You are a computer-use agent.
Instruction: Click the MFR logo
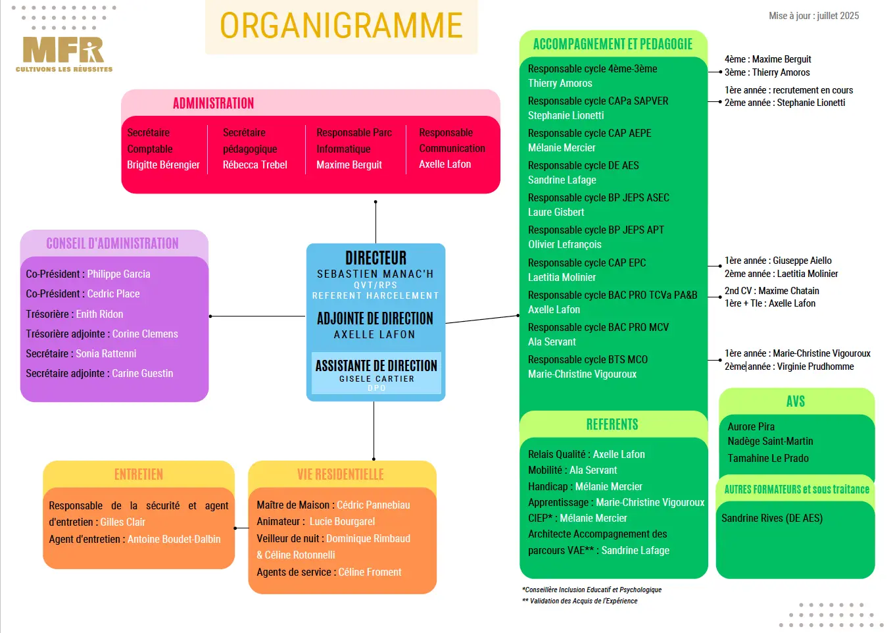[x=64, y=52]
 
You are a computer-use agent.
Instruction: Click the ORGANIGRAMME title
[x=341, y=26]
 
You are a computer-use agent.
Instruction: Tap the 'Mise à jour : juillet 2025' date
[x=813, y=16]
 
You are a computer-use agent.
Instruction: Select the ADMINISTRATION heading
[x=213, y=103]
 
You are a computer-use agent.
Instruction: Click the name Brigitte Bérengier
[x=163, y=165]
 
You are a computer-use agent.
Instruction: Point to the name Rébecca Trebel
[x=254, y=165]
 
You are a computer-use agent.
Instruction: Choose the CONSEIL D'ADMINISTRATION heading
[x=112, y=243]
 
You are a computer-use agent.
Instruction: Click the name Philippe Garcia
[x=118, y=274]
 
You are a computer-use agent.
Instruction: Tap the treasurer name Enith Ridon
[x=99, y=314]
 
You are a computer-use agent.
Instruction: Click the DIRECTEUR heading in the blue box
[x=375, y=257]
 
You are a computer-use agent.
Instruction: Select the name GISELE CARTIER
[x=377, y=379]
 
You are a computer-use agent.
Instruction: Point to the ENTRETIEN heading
[x=139, y=474]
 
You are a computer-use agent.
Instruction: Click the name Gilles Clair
[x=122, y=522]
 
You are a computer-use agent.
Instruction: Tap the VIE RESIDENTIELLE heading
[x=340, y=474]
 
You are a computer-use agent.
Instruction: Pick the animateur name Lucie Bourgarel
[x=342, y=521]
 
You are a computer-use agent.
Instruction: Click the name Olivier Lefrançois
[x=564, y=244]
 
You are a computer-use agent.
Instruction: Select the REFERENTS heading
[x=612, y=424]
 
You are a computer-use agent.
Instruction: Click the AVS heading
[x=795, y=401]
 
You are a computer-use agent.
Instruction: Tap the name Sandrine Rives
[x=771, y=518]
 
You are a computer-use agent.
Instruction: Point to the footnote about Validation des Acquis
[x=579, y=601]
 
